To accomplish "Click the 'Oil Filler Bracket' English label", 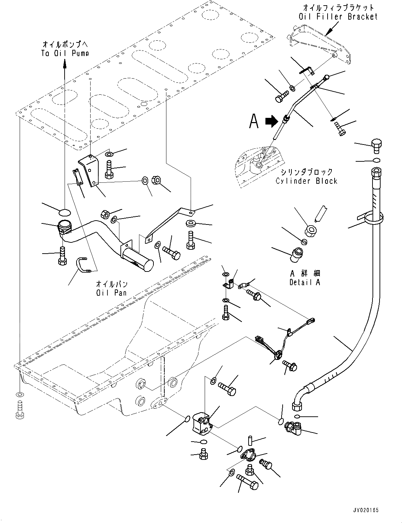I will coord(338,16).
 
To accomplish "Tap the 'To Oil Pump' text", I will coord(65,53).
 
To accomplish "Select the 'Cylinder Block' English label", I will coord(306,181).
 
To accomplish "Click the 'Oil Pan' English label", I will coord(111,292).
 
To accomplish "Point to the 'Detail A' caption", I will coord(305,282).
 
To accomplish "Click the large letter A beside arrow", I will coord(254,121).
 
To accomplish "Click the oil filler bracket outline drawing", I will coord(318,46).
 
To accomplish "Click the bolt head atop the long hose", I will coord(376,145).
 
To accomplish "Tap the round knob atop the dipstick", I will coord(327,77).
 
